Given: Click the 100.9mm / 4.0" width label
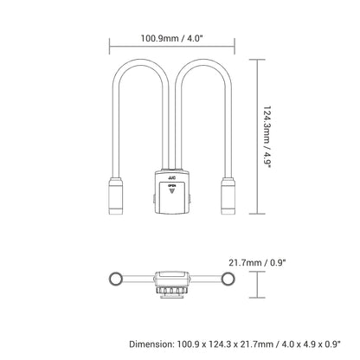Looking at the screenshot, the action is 172,38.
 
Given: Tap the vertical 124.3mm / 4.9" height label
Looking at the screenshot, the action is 267,138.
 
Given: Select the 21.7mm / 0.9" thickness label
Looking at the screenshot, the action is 257,263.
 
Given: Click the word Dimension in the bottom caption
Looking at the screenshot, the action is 151,344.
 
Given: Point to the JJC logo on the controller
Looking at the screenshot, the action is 172,178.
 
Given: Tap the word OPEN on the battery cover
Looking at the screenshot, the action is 172,186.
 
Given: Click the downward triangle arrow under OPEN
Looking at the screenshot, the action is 172,191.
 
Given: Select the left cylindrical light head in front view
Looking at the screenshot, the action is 116,196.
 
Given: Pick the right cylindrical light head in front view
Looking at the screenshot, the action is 228,196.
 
